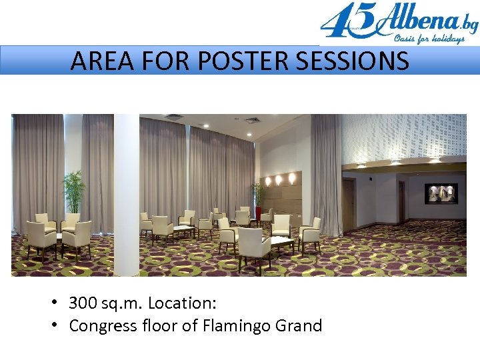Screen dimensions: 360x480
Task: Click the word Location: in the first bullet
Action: [182, 303]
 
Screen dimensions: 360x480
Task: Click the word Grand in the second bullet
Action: [299, 326]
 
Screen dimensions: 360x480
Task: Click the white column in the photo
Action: [126, 193]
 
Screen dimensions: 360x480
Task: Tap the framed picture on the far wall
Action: [441, 193]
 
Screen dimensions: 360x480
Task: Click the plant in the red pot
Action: [257, 200]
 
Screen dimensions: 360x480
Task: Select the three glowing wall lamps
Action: [279, 179]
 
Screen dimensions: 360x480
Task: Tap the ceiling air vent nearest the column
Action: [173, 117]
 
